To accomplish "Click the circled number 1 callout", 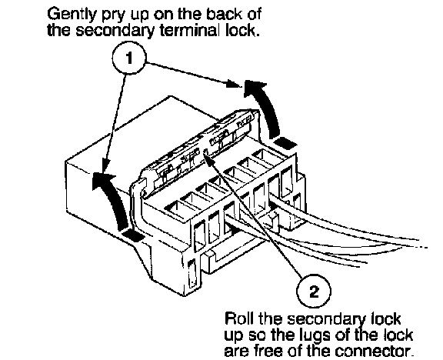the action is [129, 58].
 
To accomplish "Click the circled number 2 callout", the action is [314, 291].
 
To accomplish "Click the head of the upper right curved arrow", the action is [254, 86].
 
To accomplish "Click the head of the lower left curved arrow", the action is [102, 180].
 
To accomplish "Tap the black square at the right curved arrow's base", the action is [285, 143].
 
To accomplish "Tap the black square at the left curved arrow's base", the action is [133, 235].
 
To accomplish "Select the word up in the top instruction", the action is [140, 16].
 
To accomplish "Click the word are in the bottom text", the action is [238, 352].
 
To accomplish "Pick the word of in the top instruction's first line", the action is [254, 14].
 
